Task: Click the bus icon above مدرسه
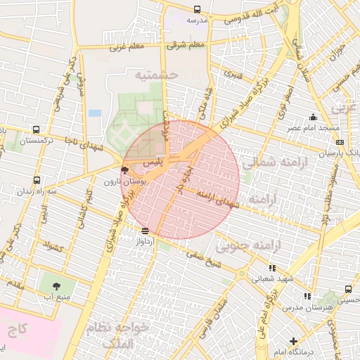pyautogui.click(x=196, y=10)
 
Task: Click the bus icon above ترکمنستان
pyautogui.click(x=36, y=130)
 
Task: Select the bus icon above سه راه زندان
pyautogui.click(x=37, y=180)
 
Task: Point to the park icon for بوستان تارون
pyautogui.click(x=125, y=170)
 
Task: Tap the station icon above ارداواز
pyautogui.click(x=145, y=231)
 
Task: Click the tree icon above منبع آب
pyautogui.click(x=56, y=287)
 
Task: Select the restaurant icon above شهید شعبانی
pyautogui.click(x=271, y=268)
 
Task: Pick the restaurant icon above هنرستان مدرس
pyautogui.click(x=307, y=297)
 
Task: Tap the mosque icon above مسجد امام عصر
pyautogui.click(x=313, y=117)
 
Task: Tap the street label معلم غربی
pyautogui.click(x=127, y=48)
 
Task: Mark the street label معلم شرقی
pyautogui.click(x=184, y=46)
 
